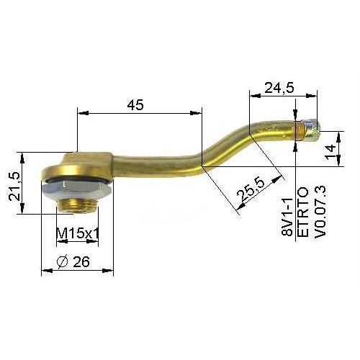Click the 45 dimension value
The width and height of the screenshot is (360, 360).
click(x=135, y=105)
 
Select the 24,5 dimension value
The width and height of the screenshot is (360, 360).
click(x=279, y=88)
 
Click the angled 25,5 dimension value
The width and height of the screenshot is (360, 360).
click(x=251, y=190)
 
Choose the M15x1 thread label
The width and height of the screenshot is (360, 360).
click(x=78, y=233)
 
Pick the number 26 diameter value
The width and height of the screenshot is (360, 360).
click(x=81, y=261)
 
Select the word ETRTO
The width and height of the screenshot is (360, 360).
click(x=303, y=212)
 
